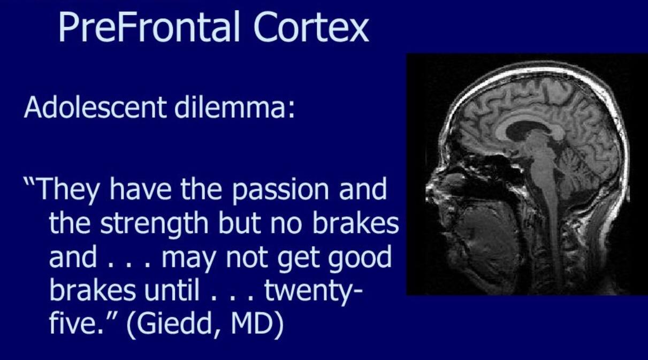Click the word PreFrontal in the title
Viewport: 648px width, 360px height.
pos(149,27)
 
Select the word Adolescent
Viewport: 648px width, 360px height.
pos(95,107)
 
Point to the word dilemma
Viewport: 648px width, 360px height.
pos(234,107)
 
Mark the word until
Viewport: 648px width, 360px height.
pos(172,290)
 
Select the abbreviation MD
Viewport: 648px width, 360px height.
pos(252,323)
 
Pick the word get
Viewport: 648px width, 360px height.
pos(299,259)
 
